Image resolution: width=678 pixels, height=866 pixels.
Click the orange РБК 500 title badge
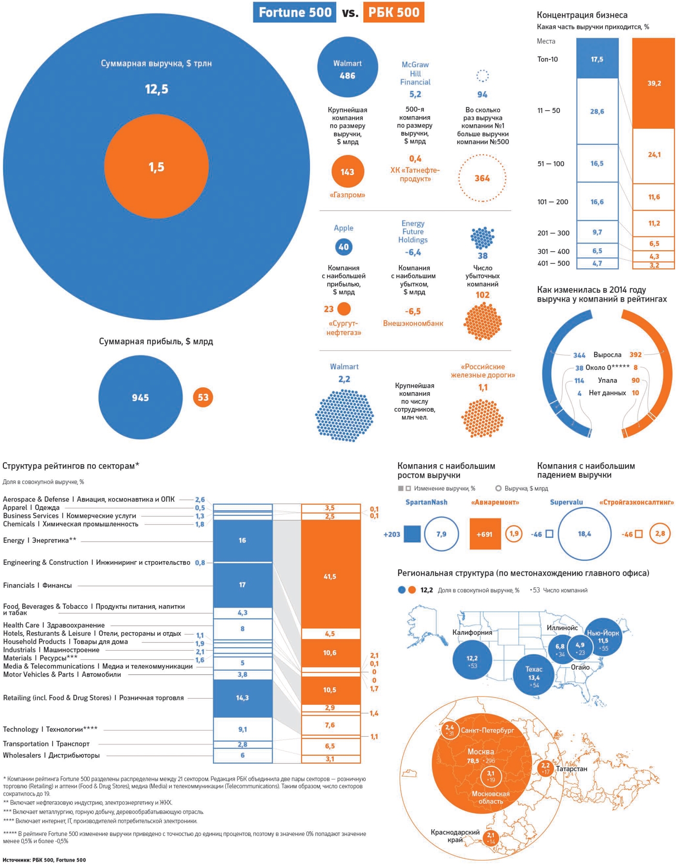tap(394, 12)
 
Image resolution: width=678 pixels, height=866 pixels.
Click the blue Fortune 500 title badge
tap(294, 12)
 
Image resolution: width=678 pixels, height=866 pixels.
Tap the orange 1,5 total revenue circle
tap(156, 167)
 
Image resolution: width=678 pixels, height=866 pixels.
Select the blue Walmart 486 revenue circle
tap(347, 68)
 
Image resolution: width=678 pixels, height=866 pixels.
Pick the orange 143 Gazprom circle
tap(347, 171)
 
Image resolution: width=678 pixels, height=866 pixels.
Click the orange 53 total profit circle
tap(203, 397)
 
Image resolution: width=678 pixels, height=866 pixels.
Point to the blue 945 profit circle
tap(140, 397)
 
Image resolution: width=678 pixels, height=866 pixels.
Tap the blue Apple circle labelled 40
tap(343, 247)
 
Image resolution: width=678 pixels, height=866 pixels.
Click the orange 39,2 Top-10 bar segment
tap(653, 83)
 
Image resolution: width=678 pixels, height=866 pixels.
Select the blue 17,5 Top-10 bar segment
tap(597, 59)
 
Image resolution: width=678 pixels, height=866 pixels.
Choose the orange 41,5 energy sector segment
tap(330, 576)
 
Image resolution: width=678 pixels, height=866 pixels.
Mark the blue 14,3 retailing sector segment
tap(243, 698)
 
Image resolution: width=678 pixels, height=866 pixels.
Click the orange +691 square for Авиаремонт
tap(485, 534)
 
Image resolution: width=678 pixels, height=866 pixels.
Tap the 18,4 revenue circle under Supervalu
tap(584, 534)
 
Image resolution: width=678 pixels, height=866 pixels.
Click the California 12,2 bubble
tap(472, 659)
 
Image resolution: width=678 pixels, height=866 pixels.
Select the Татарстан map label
tap(571, 769)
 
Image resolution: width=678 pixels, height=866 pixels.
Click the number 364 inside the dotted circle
tap(482, 178)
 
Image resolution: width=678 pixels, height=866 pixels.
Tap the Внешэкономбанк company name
tap(413, 323)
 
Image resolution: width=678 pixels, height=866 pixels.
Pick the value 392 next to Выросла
tap(635, 355)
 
